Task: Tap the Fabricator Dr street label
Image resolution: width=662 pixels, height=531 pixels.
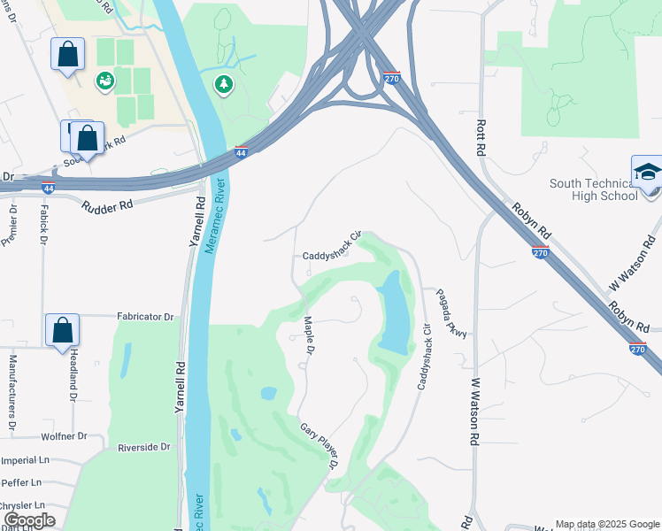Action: pyautogui.click(x=146, y=316)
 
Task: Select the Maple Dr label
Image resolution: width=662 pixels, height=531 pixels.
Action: pyautogui.click(x=310, y=336)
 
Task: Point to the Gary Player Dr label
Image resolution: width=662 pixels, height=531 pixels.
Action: pyautogui.click(x=319, y=446)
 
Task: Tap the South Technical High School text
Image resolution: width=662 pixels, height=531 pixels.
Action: pyautogui.click(x=592, y=189)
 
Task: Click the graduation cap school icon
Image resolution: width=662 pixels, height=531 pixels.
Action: pyautogui.click(x=647, y=171)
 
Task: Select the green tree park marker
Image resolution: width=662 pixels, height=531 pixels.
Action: pyautogui.click(x=224, y=84)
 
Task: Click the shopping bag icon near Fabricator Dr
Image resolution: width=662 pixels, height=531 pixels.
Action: pyautogui.click(x=63, y=330)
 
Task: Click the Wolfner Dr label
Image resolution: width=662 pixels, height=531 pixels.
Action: pyautogui.click(x=64, y=436)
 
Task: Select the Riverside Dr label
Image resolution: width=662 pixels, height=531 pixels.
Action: pyautogui.click(x=143, y=448)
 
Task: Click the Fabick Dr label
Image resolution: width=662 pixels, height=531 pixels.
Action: pyautogui.click(x=42, y=227)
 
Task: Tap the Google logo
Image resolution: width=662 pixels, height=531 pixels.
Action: pyautogui.click(x=28, y=520)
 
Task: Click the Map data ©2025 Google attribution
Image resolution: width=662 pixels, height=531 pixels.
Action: pyautogui.click(x=606, y=524)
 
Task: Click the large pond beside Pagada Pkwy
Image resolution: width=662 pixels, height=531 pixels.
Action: pyautogui.click(x=393, y=312)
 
